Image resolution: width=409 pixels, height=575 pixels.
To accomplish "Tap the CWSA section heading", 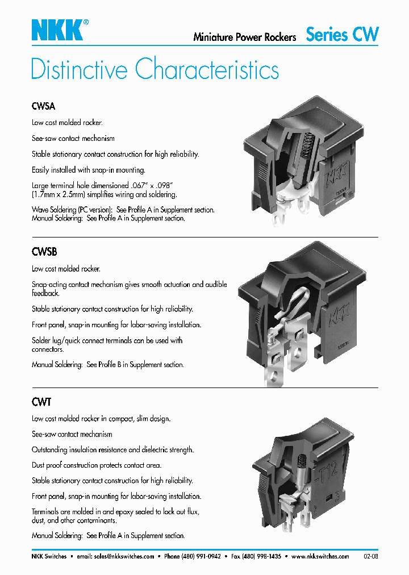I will [x=43, y=106].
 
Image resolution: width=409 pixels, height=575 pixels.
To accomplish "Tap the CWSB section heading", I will [x=44, y=252].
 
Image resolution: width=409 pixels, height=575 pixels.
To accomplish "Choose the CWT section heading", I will [x=41, y=402].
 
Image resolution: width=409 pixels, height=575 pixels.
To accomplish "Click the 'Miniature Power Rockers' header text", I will [x=245, y=37].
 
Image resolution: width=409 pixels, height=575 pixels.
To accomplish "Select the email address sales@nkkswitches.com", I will [x=124, y=557].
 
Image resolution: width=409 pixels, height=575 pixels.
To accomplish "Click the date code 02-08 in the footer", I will [x=370, y=557].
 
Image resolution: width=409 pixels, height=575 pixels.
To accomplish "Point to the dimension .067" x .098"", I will [x=151, y=185].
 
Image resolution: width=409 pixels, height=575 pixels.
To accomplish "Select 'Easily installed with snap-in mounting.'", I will [x=89, y=170].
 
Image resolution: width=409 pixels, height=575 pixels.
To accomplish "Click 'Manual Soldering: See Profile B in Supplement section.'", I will [x=107, y=365].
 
